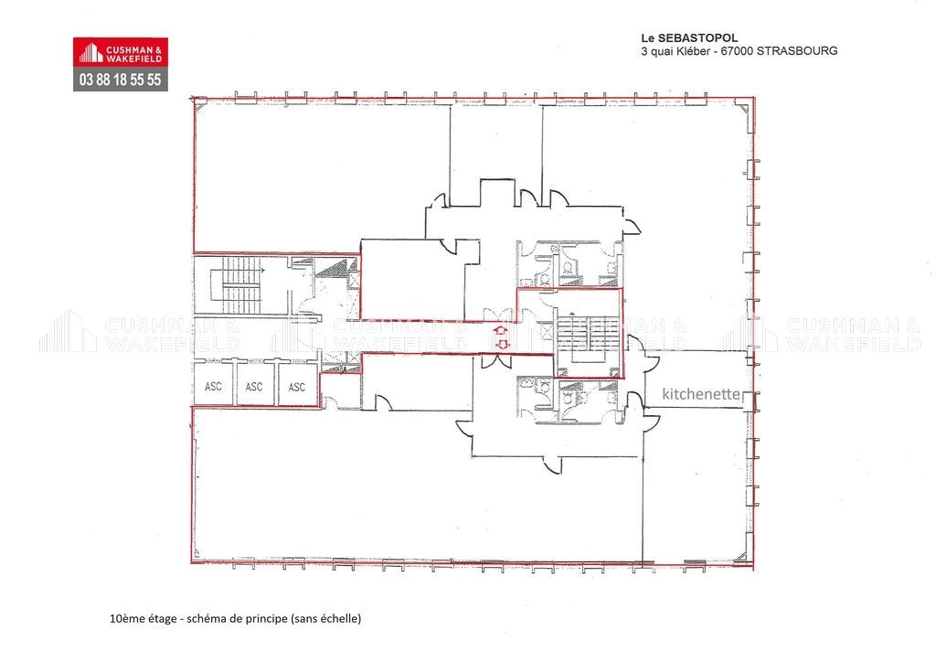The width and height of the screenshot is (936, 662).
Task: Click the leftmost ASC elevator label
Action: (213, 387)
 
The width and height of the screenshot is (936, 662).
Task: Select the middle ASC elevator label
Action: (254, 387)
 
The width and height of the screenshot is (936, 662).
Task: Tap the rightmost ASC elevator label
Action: (296, 387)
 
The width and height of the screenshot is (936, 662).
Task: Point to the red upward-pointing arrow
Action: (500, 331)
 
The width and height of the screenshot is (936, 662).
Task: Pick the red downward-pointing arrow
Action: (500, 345)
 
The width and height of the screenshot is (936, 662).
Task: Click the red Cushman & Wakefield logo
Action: (121, 53)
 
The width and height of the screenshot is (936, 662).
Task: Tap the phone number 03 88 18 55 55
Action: (121, 80)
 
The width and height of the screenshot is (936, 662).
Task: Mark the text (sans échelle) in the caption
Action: (325, 619)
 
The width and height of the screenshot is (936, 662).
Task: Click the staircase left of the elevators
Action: (239, 285)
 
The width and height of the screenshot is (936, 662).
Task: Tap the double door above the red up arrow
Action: (495, 314)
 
